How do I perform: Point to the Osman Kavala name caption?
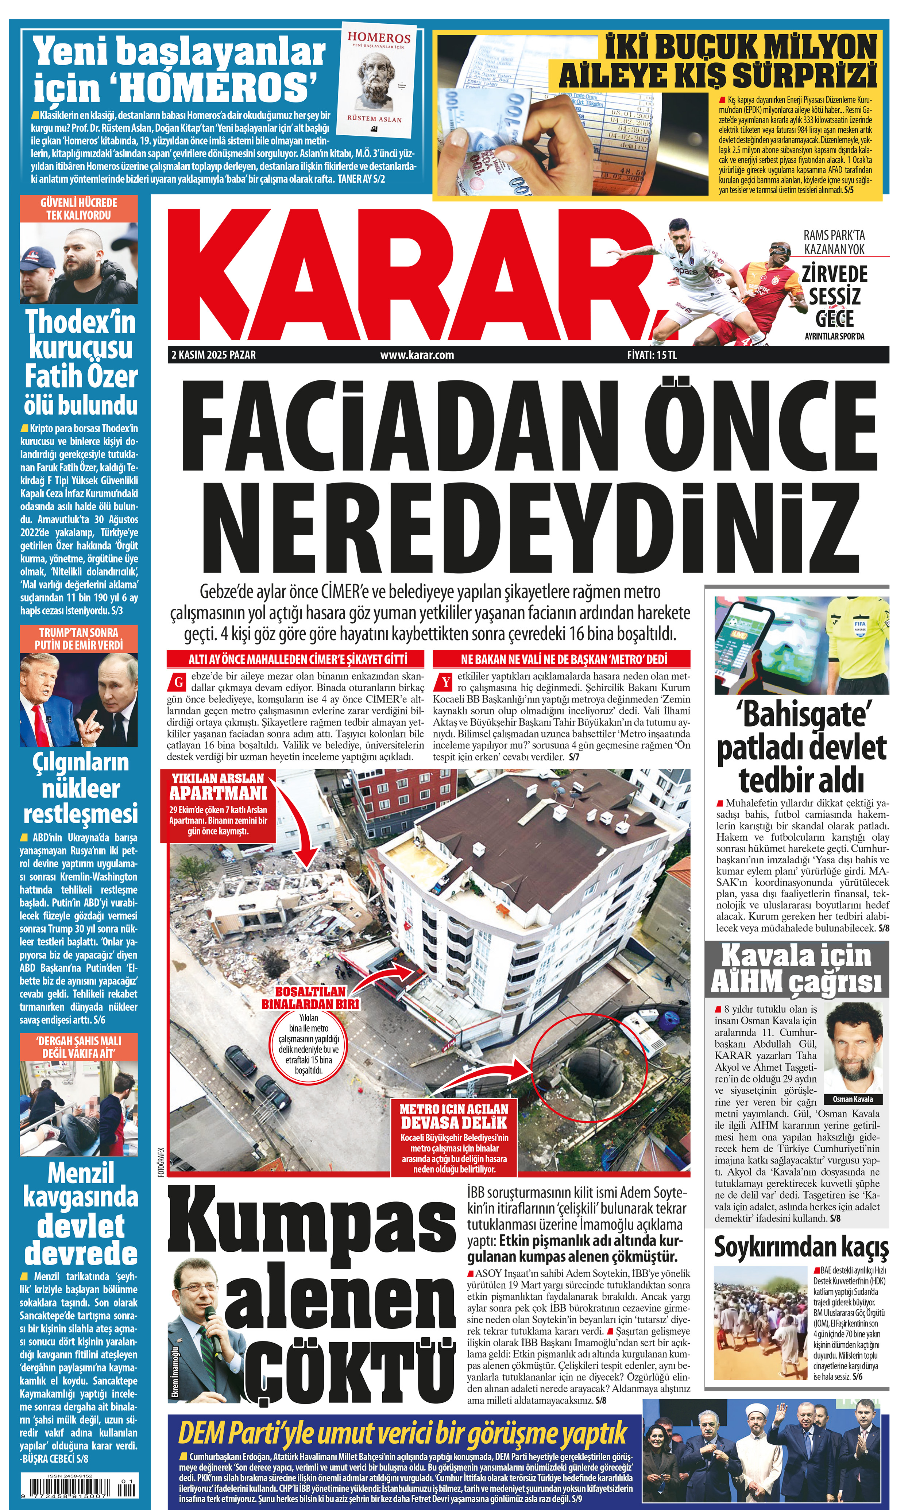852,1099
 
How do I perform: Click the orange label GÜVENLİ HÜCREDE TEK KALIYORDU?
78,208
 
